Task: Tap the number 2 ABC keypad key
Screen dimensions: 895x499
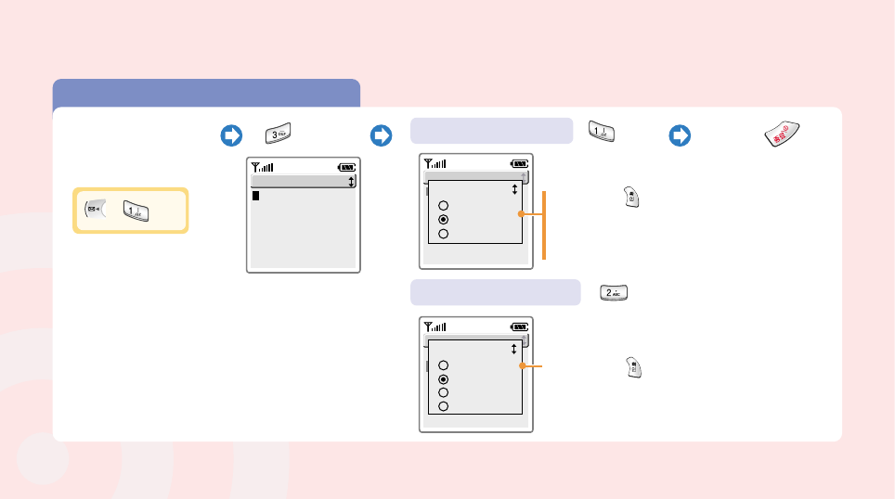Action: point(615,293)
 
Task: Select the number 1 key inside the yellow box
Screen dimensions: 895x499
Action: point(136,211)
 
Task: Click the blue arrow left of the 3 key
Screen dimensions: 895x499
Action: point(230,135)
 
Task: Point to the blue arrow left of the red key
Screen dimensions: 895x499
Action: point(680,135)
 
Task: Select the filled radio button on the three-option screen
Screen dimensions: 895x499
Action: point(445,220)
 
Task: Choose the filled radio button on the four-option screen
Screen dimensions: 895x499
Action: point(445,379)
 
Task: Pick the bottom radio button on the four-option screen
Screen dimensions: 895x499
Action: point(445,405)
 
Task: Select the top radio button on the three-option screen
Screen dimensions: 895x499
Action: point(445,206)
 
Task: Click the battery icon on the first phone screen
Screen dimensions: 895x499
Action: point(347,168)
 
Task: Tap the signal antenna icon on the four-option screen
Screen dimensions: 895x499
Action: point(435,326)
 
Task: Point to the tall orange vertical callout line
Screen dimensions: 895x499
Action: point(544,225)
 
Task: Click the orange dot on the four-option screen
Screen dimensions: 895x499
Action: point(524,367)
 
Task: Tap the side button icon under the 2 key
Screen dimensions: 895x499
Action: point(632,366)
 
